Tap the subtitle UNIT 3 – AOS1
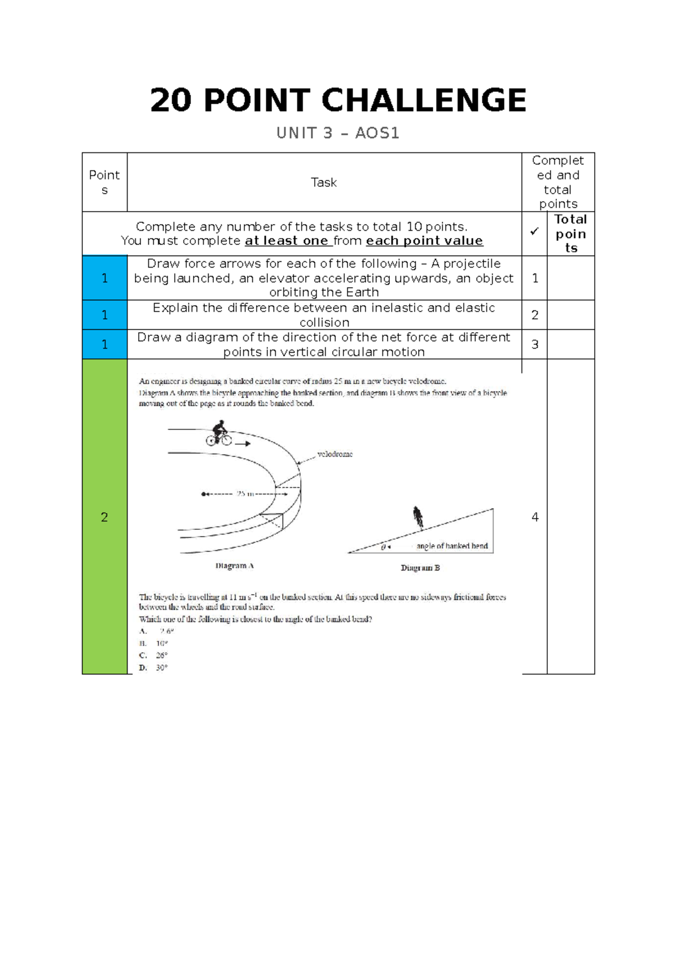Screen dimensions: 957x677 tap(337, 133)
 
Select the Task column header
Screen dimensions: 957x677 tap(324, 182)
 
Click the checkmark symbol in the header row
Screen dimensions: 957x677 tap(534, 231)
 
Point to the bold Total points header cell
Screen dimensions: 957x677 tap(570, 234)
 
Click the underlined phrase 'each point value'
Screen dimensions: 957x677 tap(424, 241)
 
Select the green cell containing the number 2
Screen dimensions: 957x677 tap(104, 517)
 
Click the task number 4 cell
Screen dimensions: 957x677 tap(535, 517)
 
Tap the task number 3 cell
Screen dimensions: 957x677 tap(535, 344)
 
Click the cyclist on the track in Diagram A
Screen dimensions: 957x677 tap(219, 433)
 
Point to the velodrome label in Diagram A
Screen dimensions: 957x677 tap(335, 454)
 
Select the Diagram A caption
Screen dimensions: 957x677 tap(235, 565)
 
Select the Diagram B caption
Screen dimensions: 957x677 tap(420, 568)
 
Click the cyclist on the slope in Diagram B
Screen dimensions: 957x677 tap(418, 517)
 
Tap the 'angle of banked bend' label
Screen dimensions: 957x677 tap(452, 546)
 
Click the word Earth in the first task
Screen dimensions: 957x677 tap(362, 292)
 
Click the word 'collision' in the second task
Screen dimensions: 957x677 tap(324, 322)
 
